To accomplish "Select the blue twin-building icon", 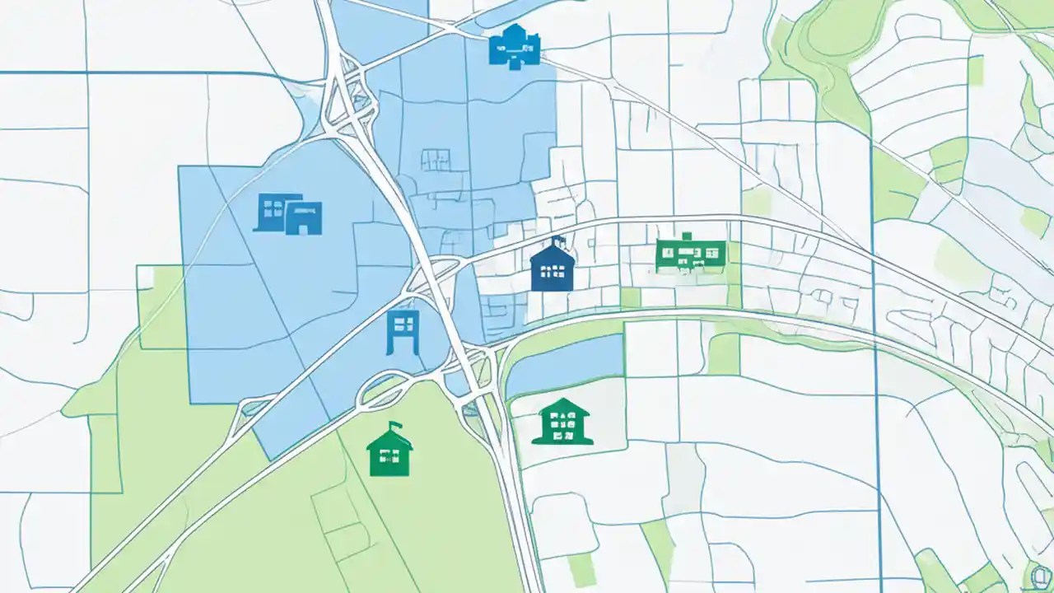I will click(288, 214).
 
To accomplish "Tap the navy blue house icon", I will click(552, 268).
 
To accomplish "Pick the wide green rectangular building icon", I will click(690, 254).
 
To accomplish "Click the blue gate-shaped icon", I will click(403, 332).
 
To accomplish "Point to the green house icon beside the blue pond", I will click(562, 422).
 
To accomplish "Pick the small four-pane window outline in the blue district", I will click(436, 159).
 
